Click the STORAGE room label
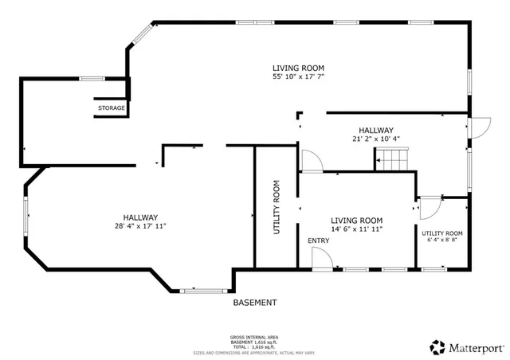[x=111, y=108]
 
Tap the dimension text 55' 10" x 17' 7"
[x=298, y=77]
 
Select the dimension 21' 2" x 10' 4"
[x=375, y=139]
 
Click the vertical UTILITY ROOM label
[x=277, y=207]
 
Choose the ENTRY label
[x=318, y=240]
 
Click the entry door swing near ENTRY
[x=320, y=258]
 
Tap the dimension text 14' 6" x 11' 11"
[x=356, y=229]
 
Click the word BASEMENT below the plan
[x=255, y=303]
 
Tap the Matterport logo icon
[x=437, y=347]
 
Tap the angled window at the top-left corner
[x=141, y=33]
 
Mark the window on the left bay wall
[x=25, y=214]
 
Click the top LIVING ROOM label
[x=298, y=68]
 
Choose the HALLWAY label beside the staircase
[x=375, y=130]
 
